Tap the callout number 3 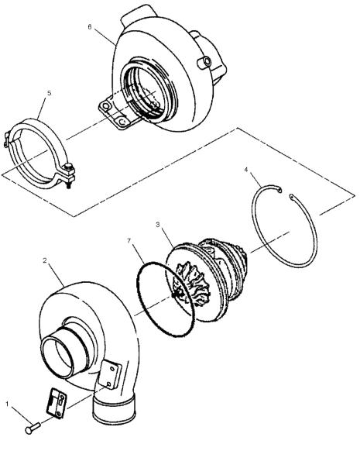(x=158, y=224)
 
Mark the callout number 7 (x=129, y=240)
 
